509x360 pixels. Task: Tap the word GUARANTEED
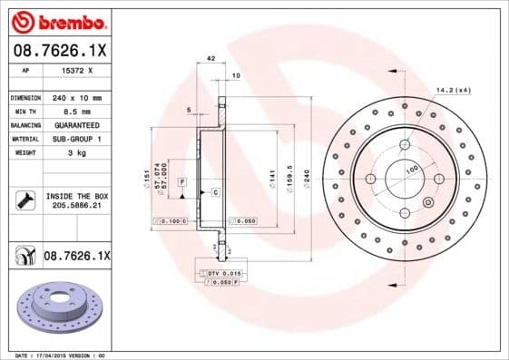pos(75,124)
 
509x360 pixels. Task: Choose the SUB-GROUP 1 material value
pos(75,139)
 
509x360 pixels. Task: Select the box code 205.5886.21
pos(75,206)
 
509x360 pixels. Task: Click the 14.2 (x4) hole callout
pos(454,91)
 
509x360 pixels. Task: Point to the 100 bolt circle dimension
pos(411,170)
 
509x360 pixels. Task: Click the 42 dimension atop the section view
pos(210,58)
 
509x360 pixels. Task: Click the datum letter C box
pos(216,193)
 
